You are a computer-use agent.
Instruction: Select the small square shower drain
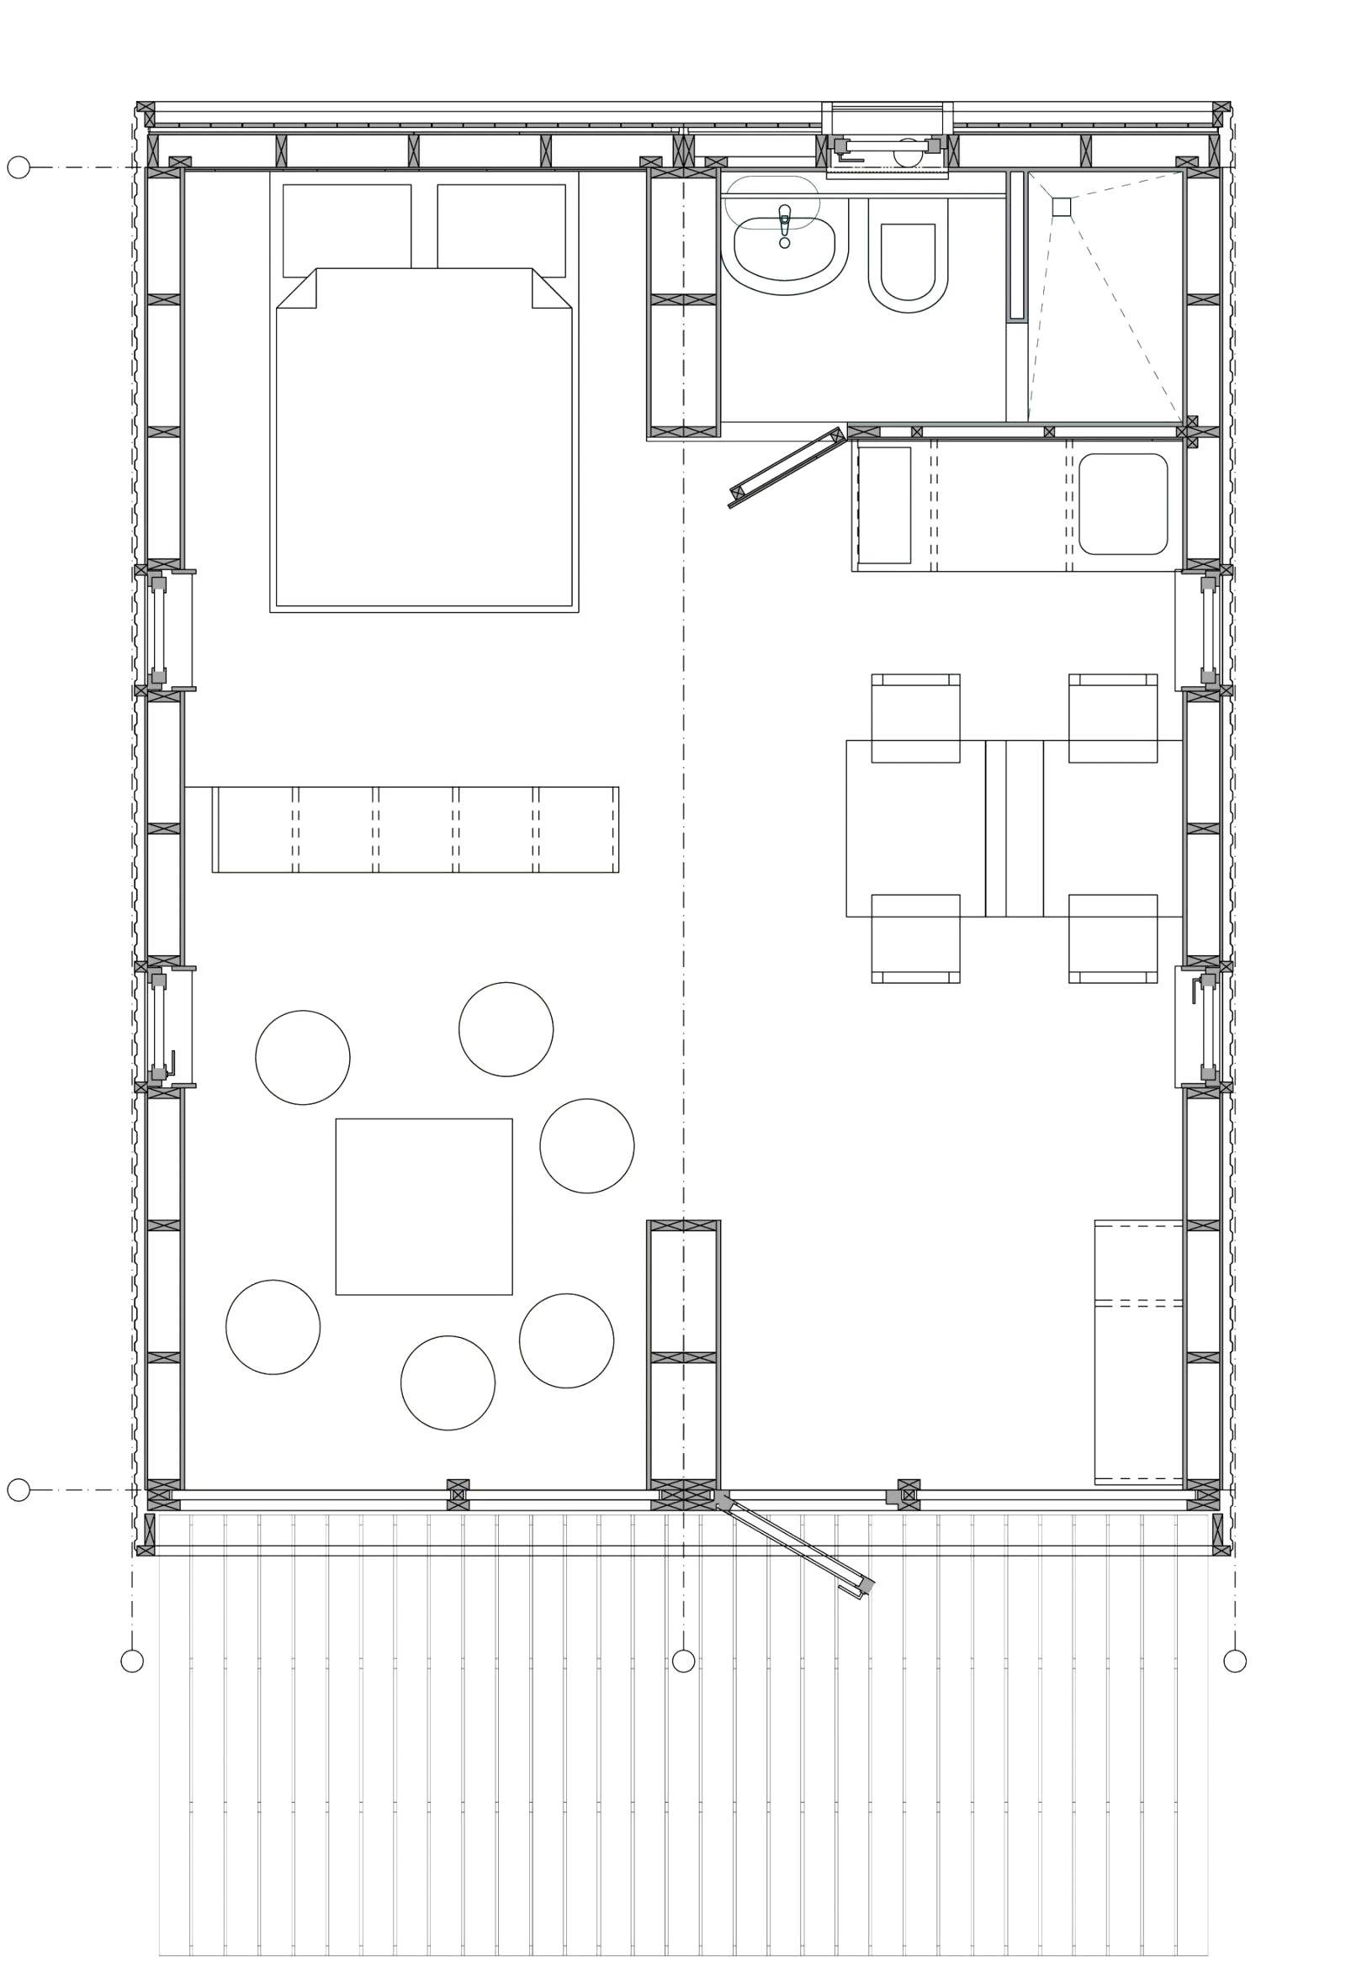pyautogui.click(x=1061, y=207)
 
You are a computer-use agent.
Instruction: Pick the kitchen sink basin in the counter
pyautogui.click(x=1122, y=504)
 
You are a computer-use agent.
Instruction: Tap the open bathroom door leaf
pyautogui.click(x=788, y=468)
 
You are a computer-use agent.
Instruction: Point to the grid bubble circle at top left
pyautogui.click(x=19, y=167)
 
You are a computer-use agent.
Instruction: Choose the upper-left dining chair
pyautogui.click(x=915, y=719)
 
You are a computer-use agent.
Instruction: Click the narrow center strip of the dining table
pyautogui.click(x=1015, y=828)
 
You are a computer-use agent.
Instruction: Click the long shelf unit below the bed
pyautogui.click(x=416, y=829)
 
